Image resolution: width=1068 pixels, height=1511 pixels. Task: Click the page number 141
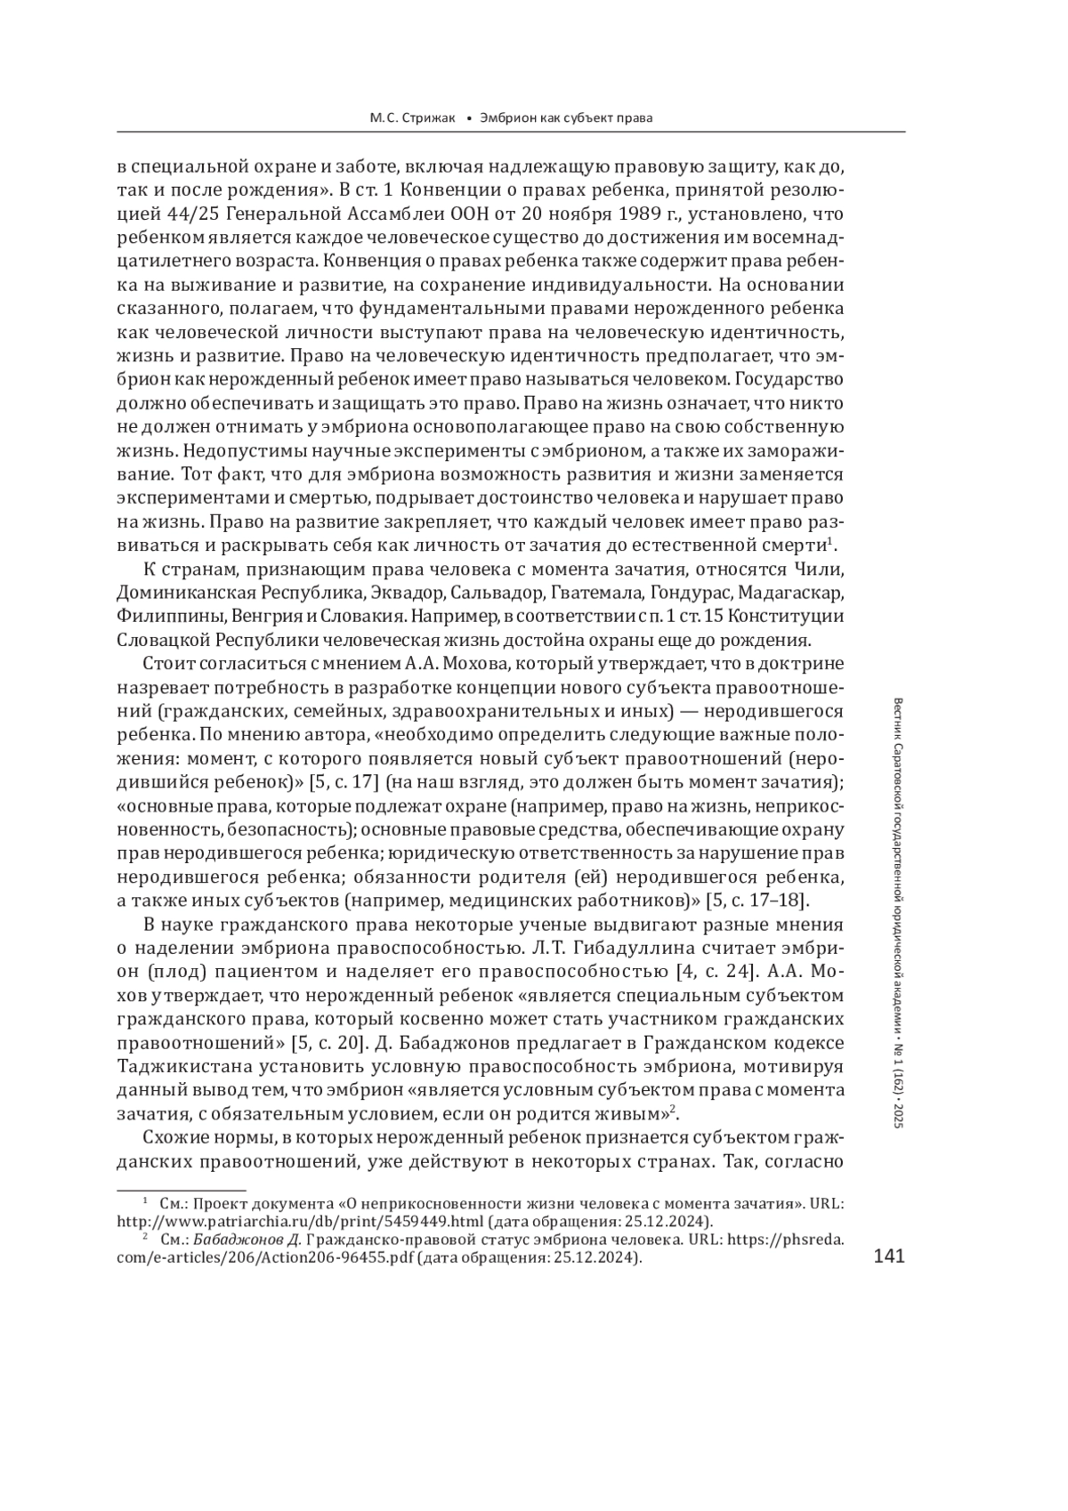pyautogui.click(x=889, y=1256)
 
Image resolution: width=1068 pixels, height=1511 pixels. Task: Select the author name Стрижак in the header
pyautogui.click(x=426, y=117)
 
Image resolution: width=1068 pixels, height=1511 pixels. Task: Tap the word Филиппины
pyautogui.click(x=170, y=616)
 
